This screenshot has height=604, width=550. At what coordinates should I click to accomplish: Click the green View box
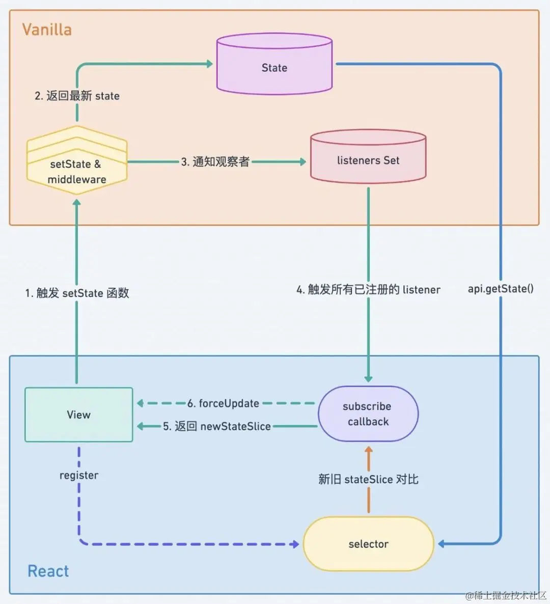(x=79, y=415)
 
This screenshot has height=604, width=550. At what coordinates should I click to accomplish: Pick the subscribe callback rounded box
(x=368, y=414)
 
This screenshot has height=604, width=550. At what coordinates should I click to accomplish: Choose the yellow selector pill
(x=368, y=544)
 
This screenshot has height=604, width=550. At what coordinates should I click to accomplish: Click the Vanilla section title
(x=47, y=30)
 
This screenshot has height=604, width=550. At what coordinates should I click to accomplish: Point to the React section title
(x=48, y=571)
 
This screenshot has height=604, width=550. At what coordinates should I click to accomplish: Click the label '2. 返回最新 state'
(x=77, y=96)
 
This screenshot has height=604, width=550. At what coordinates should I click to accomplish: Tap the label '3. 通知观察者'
(x=215, y=162)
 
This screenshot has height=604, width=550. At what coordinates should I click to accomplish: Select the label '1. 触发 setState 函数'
(x=77, y=293)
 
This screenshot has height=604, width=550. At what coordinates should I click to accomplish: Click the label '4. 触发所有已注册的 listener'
(x=368, y=289)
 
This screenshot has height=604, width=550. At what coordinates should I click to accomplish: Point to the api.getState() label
(x=501, y=289)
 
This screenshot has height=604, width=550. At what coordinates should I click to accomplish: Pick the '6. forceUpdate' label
(x=223, y=403)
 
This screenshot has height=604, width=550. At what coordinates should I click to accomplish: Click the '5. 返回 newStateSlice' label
(x=216, y=426)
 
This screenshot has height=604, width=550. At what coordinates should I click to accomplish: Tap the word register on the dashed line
(x=79, y=475)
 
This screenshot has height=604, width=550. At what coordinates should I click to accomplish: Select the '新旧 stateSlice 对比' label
(x=368, y=479)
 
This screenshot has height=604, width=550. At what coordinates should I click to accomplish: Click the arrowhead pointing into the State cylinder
(x=209, y=64)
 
